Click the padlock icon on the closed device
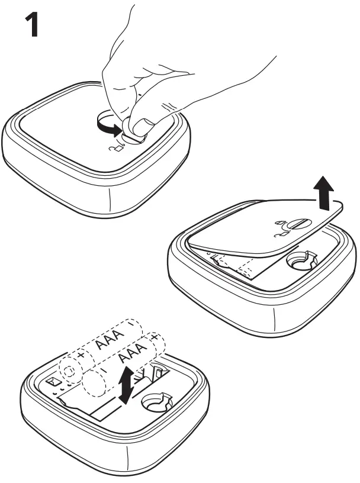point(117,148)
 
